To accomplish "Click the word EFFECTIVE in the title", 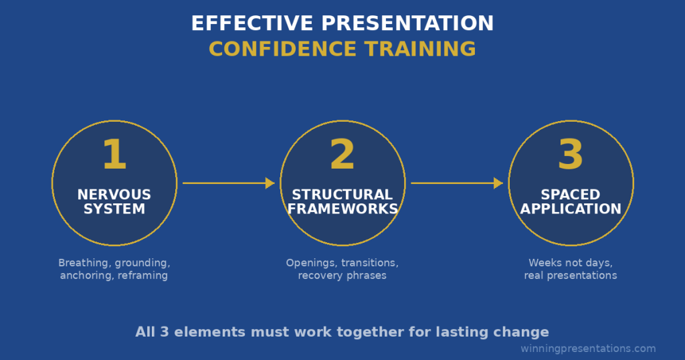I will pyautogui.click(x=252, y=23).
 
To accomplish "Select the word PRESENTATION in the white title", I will pyautogui.click(x=408, y=23).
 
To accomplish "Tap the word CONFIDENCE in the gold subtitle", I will pyautogui.click(x=282, y=49).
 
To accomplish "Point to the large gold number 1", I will pyautogui.click(x=114, y=155).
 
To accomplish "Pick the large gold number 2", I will pyautogui.click(x=342, y=155).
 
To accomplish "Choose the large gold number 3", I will pyautogui.click(x=571, y=155).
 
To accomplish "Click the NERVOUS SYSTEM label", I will pyautogui.click(x=114, y=201).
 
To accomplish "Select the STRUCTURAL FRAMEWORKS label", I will pyautogui.click(x=342, y=201).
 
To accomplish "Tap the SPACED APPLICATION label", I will pyautogui.click(x=571, y=201).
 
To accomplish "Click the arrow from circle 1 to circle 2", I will pyautogui.click(x=228, y=183).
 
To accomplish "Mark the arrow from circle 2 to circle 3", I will pyautogui.click(x=456, y=183).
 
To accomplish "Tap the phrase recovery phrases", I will pyautogui.click(x=342, y=275).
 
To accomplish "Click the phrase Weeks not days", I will pyautogui.click(x=571, y=263).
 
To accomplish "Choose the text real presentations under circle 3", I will pyautogui.click(x=571, y=275).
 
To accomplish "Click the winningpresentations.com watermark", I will pyautogui.click(x=588, y=349).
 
